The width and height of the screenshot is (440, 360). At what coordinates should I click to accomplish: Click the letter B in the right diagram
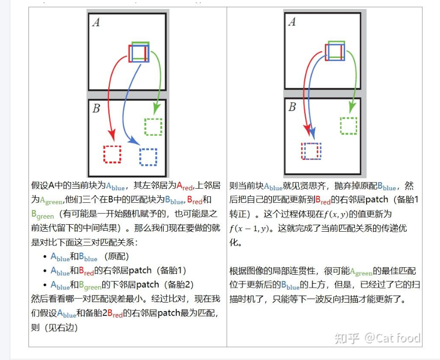tap(293, 107)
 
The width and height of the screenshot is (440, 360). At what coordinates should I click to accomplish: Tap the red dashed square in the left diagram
tap(112, 154)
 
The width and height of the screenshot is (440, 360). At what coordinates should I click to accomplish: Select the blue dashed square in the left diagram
tap(148, 157)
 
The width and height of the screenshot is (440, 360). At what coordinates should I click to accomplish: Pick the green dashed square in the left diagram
tap(153, 126)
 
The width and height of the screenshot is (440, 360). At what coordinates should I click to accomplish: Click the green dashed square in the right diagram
tap(348, 125)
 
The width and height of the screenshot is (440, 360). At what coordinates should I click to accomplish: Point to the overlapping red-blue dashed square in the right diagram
tap(311, 151)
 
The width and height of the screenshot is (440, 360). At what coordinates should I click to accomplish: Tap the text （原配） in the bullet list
tap(115, 257)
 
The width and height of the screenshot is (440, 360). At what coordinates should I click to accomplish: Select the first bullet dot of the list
tap(45, 257)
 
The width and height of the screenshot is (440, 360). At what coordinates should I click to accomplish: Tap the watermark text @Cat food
tap(392, 338)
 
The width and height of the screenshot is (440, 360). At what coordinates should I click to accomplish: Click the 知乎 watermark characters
tap(347, 338)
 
